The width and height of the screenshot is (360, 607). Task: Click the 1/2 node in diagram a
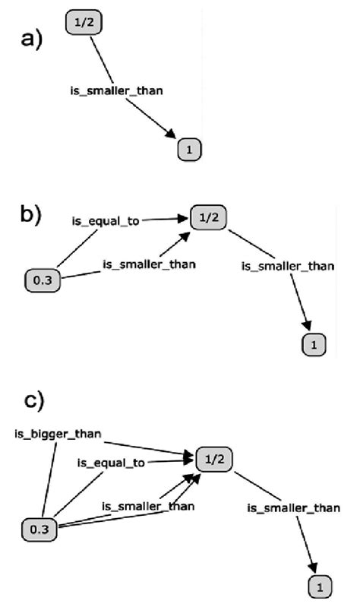tap(84, 22)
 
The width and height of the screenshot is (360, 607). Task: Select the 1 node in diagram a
tap(190, 150)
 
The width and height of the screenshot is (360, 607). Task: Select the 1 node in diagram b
tap(314, 345)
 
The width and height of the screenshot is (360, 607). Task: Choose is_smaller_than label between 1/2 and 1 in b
tap(288, 266)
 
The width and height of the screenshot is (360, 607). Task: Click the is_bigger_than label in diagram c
tap(58, 435)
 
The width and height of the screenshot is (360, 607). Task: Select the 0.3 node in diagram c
tap(37, 526)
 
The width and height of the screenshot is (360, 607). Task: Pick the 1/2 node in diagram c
tap(213, 460)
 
